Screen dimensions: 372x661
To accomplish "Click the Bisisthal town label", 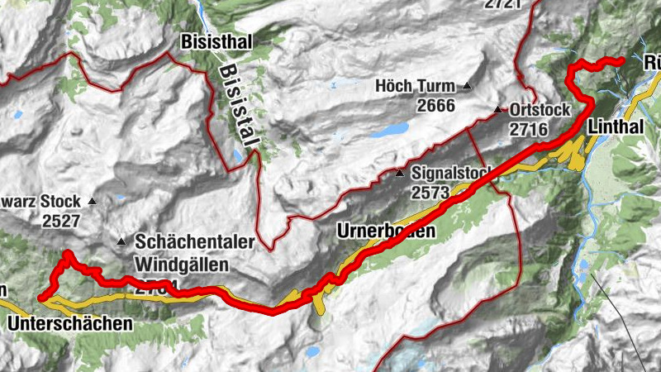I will click(x=217, y=41).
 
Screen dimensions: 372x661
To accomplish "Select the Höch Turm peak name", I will click(x=416, y=85).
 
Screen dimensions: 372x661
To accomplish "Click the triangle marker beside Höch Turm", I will click(x=467, y=85).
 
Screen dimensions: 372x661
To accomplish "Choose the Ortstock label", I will click(x=536, y=110).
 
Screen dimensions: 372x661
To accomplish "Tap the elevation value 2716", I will click(x=530, y=129).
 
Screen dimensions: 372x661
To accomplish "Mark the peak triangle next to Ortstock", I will click(x=497, y=110).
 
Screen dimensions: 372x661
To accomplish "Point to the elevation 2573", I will click(x=429, y=193).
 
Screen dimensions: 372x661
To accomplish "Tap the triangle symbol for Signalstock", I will click(x=400, y=174).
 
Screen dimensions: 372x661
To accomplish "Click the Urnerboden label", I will click(x=386, y=231).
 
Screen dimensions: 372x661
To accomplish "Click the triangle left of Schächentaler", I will click(x=121, y=242).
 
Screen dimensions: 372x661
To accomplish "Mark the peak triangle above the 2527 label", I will click(x=92, y=201).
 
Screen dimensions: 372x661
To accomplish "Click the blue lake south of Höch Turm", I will click(x=390, y=131).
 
